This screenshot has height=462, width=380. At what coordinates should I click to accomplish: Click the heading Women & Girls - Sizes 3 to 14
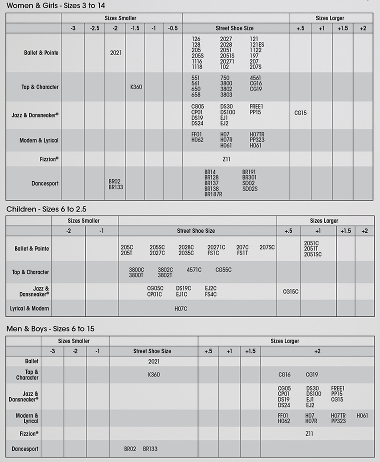(x=55, y=5)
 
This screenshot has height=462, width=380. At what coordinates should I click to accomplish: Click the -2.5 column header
(x=94, y=28)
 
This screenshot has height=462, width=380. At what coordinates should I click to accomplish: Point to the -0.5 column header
(x=172, y=28)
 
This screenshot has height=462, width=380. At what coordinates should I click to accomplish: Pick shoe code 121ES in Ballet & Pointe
(x=257, y=44)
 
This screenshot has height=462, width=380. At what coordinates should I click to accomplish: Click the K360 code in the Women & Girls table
(x=136, y=87)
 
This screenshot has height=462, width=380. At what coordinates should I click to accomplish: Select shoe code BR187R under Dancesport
(x=213, y=194)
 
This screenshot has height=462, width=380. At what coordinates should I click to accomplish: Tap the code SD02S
(x=250, y=188)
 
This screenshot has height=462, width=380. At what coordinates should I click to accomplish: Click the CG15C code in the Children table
(x=290, y=291)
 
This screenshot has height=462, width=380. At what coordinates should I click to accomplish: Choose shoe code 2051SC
(x=313, y=254)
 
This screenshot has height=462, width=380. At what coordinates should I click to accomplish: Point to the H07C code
(x=180, y=309)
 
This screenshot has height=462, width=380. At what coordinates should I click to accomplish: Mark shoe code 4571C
(x=194, y=270)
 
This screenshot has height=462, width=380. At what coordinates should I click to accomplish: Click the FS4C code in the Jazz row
(x=210, y=294)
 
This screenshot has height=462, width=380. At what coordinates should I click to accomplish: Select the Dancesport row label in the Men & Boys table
(x=25, y=449)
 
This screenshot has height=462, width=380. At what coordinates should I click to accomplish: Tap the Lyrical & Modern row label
(x=29, y=308)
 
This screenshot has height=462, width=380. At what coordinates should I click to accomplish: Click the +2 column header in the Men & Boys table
(x=317, y=351)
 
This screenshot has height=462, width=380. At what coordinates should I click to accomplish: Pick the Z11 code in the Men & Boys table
(x=309, y=433)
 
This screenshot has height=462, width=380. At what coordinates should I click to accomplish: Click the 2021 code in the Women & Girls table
(x=115, y=52)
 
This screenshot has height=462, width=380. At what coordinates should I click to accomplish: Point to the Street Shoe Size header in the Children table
(x=196, y=231)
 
